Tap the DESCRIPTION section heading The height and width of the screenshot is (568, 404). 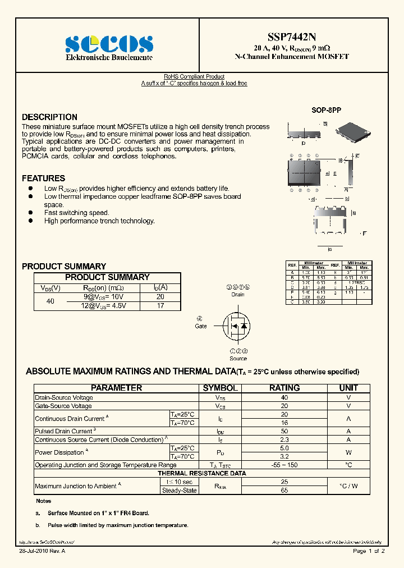point(49,117)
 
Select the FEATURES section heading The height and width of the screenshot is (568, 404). point(43,178)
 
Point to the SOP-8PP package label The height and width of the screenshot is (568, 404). point(326,111)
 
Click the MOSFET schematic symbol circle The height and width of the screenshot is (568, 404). point(236,326)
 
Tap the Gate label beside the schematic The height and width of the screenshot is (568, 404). point(200,326)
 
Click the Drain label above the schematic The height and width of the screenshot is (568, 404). point(238,294)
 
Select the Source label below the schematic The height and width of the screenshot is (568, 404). point(238,358)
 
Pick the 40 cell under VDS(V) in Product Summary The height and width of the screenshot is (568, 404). point(50,301)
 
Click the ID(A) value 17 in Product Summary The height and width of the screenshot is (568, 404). point(160,306)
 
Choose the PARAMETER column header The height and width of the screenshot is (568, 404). point(117,388)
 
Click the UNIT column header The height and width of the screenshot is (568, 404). point(348,388)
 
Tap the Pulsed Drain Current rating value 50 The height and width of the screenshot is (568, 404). point(284,431)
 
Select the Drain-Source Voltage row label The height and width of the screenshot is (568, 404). point(64,398)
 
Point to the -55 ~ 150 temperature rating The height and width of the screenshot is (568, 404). point(284,465)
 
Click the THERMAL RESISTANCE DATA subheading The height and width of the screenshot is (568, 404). point(201,473)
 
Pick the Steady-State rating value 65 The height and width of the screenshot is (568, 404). point(284,491)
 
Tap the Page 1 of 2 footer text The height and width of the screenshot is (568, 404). point(368,552)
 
